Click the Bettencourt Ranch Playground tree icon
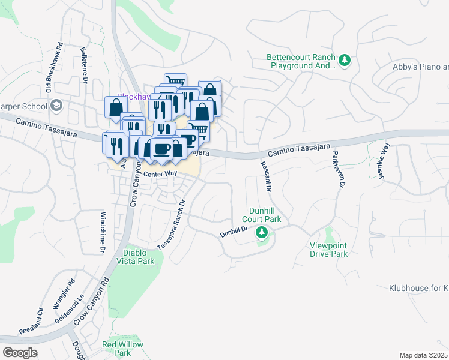click(345, 59)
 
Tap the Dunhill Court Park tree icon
click(261, 232)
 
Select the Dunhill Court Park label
click(265, 215)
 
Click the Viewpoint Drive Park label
click(328, 250)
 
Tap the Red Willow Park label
click(122, 349)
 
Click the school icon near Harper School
click(56, 106)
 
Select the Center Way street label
click(160, 173)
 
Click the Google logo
click(20, 353)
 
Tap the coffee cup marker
click(161, 147)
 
